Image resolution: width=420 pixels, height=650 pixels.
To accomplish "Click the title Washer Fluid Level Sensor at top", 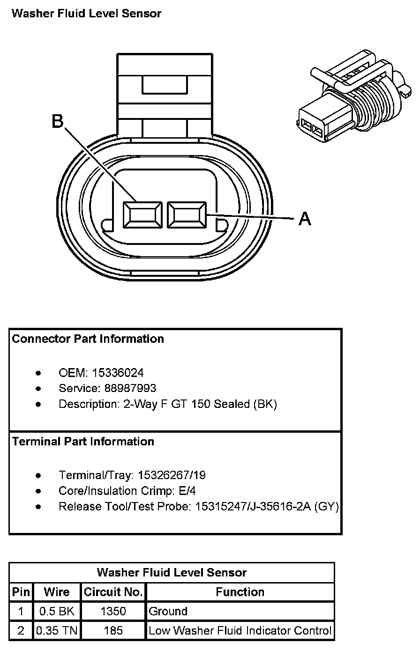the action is point(86,14).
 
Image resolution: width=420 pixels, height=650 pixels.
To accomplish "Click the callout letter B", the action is point(58,121).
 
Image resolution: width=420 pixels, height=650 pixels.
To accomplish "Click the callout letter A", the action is point(305,219).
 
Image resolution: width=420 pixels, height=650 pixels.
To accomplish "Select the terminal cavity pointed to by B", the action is point(142,215).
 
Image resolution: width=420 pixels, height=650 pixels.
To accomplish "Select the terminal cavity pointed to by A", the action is point(187,215).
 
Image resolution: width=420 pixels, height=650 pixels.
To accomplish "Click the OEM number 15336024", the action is point(118,373).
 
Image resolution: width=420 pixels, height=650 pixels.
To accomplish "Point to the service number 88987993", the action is point(130,388).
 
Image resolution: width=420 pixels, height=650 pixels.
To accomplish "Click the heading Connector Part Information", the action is point(88,339).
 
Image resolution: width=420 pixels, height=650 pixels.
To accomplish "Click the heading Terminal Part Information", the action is point(83,441).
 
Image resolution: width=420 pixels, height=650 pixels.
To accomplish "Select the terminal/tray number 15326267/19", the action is point(172,475).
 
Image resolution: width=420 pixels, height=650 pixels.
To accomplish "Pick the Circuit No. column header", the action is point(113,592).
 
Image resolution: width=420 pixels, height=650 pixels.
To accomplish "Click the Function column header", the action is point(240,592).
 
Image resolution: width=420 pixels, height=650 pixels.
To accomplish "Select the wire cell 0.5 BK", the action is point(57,612).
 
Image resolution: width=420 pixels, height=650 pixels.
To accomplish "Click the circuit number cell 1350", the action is point(113,612).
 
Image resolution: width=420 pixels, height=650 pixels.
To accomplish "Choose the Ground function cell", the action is point(168,612).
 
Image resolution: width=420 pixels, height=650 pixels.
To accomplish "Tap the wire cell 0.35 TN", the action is point(57,630).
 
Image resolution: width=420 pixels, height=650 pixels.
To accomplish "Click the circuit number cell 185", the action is point(113,630).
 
